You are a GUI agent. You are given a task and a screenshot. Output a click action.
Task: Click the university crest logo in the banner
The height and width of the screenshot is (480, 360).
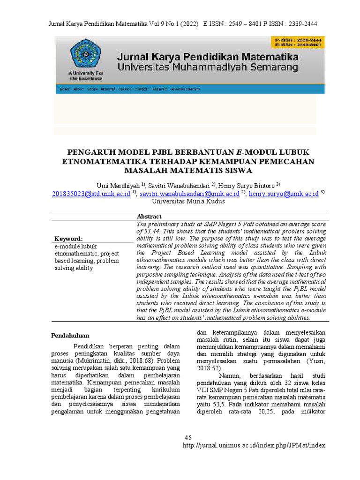pos(85,54)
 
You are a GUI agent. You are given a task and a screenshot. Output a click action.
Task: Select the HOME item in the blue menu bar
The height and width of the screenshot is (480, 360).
pos(65,89)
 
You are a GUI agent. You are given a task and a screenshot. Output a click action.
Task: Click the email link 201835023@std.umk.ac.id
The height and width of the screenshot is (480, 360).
pos(91,193)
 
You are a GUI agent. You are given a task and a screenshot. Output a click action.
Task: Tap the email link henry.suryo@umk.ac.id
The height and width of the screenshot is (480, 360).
pos(284,193)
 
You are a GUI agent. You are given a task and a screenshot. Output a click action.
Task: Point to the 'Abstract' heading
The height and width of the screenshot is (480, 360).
pos(149,217)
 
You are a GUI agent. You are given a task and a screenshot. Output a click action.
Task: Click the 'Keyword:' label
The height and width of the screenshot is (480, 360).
pos(68,239)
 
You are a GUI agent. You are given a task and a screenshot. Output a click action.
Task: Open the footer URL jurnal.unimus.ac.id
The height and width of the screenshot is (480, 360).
pos(253,445)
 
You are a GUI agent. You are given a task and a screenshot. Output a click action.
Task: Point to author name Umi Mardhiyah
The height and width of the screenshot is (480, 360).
pos(116,185)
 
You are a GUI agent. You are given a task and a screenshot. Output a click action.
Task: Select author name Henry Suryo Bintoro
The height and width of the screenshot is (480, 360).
pos(246,185)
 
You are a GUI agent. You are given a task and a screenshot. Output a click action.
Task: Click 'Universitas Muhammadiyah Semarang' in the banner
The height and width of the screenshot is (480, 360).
pos(208,67)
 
